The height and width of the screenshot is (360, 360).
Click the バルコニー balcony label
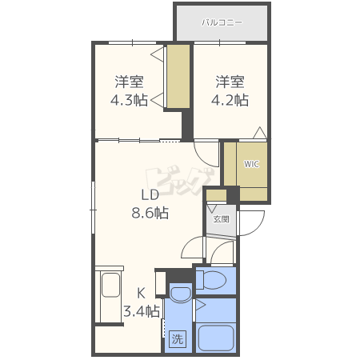[x=222, y=22]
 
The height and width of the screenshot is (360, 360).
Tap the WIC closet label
[x=251, y=164]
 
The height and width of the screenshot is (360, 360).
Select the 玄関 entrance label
[x=221, y=219]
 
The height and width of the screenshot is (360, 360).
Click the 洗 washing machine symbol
[x=178, y=339]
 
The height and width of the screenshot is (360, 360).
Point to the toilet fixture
[x=211, y=280]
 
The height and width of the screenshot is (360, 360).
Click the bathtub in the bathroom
[x=216, y=338]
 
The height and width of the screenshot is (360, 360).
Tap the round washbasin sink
[x=181, y=294]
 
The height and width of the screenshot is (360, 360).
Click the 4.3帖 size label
[x=129, y=101]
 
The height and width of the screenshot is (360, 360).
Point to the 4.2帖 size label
[x=230, y=101]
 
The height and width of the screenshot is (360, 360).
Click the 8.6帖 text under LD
[x=150, y=213]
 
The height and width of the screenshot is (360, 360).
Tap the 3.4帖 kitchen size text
[x=142, y=311]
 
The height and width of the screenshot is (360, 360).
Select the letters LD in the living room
[x=150, y=195]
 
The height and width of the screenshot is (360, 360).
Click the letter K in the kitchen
[x=141, y=294]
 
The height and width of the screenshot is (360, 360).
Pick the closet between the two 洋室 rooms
[x=178, y=76]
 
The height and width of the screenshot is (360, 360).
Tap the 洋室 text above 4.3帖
[x=130, y=82]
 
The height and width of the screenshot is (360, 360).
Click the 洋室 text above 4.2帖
[x=230, y=82]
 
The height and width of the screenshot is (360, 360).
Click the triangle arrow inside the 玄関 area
[x=213, y=208]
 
